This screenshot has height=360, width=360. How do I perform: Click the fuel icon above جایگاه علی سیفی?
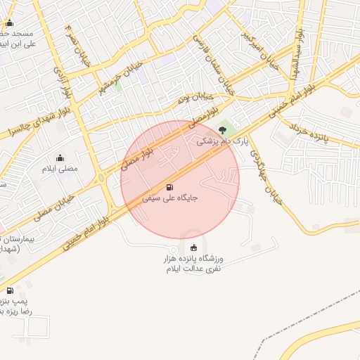coord(169,187)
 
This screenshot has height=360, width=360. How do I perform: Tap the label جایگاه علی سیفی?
coord(170,198)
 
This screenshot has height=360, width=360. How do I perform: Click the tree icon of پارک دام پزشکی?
coord(224,129)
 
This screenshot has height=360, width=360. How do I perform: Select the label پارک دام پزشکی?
coord(222,141)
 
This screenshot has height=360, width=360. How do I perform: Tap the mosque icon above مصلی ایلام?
coord(59,157)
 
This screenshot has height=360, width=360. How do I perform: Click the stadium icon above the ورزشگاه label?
coord(193,247)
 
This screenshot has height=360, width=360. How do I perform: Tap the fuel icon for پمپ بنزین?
coord(10,290)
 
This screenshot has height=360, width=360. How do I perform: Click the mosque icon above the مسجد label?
coord(9,22)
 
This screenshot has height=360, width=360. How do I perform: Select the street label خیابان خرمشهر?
coord(125,75)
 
